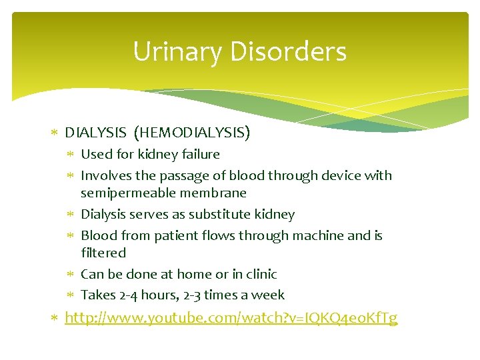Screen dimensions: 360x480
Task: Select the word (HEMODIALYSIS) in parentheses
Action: tap(192, 133)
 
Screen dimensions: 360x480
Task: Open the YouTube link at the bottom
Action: tap(231, 318)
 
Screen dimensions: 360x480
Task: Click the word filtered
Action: tap(103, 253)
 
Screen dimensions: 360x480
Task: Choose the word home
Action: tap(191, 274)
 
